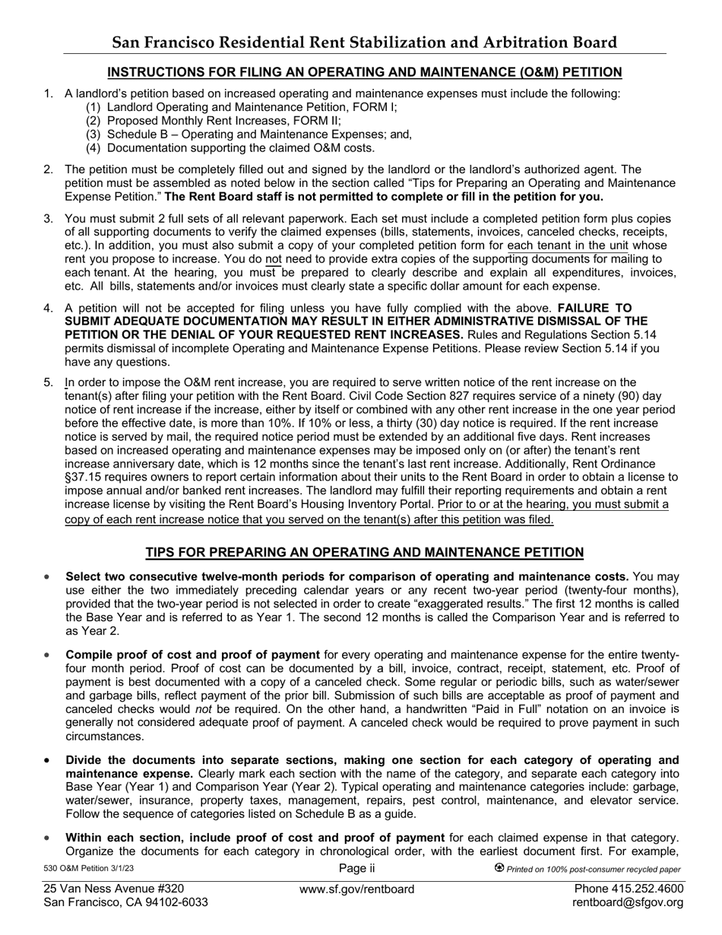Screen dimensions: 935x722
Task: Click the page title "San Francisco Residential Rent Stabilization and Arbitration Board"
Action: pos(364,43)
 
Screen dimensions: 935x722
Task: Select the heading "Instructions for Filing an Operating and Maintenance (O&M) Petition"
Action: pos(364,72)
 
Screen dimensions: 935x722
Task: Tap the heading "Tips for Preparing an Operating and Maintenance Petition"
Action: pos(364,552)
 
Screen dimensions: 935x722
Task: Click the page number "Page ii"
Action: pos(357,868)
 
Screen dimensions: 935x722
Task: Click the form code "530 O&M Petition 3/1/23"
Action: pos(89,869)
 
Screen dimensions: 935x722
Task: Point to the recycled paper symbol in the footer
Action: pos(499,868)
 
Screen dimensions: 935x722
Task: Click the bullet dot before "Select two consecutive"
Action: pos(48,577)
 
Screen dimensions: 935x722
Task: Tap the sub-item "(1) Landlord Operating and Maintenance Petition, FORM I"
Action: pos(241,107)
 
